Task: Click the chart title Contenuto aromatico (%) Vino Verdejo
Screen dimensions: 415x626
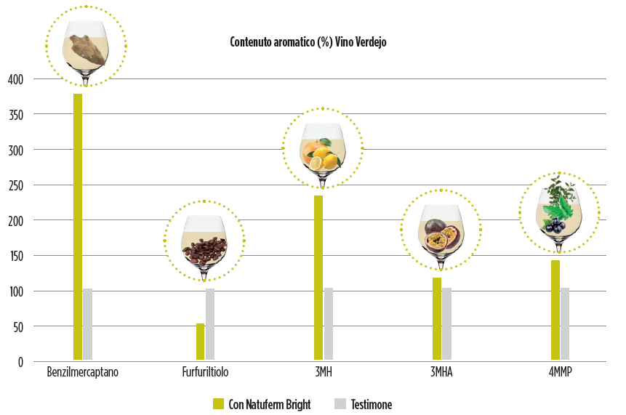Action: (x=308, y=42)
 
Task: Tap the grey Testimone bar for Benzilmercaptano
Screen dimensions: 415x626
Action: (x=88, y=324)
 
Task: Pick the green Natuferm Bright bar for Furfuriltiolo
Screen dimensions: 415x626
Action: (x=201, y=342)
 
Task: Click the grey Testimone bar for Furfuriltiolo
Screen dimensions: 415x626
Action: (x=210, y=324)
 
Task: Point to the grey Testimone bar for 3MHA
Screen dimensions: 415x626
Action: (x=446, y=324)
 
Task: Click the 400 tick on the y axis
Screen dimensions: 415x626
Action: (x=15, y=79)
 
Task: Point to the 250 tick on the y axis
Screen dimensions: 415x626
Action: (x=15, y=185)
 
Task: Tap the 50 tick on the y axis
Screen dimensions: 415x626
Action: (x=17, y=327)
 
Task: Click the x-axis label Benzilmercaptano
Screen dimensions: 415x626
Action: (x=82, y=374)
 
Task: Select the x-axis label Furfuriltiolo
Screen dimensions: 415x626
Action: (x=206, y=374)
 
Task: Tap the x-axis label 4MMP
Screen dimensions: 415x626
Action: (x=560, y=374)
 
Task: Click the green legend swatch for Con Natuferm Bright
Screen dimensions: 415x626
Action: (x=217, y=404)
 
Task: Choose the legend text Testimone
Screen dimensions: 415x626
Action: (x=371, y=404)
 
